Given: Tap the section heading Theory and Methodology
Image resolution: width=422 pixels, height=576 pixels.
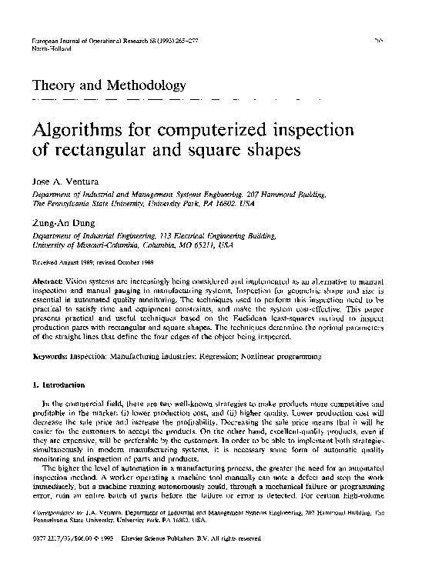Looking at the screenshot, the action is (105, 85).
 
